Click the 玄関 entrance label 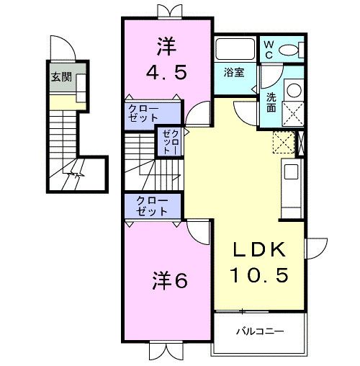(61, 77)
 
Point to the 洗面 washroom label (271, 102)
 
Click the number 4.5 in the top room (167, 71)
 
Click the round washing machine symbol (293, 91)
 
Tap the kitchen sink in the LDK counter (292, 172)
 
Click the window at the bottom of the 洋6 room (166, 352)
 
